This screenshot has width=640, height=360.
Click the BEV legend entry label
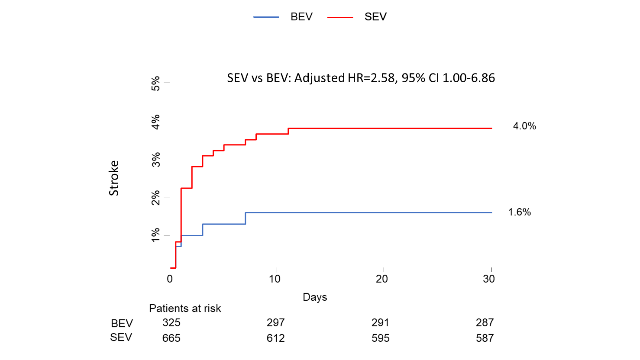(x=301, y=17)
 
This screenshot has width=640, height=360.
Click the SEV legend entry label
(x=375, y=17)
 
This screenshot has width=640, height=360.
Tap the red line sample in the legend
(x=340, y=17)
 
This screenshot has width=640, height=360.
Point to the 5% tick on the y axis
(x=156, y=83)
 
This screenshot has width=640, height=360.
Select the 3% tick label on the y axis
(x=156, y=159)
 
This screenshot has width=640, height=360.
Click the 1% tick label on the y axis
(x=156, y=235)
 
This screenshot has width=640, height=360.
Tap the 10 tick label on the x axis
(x=275, y=279)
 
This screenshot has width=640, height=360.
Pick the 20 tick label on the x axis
(x=381, y=279)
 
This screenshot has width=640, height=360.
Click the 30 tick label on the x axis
(x=488, y=279)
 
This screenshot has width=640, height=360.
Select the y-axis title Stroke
(x=114, y=178)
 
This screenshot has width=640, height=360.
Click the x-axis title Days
(x=315, y=297)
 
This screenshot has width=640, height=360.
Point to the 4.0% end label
(x=524, y=126)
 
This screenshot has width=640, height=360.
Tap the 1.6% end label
(x=519, y=212)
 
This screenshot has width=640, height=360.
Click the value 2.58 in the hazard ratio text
(x=382, y=78)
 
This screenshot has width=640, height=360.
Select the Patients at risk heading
(x=185, y=309)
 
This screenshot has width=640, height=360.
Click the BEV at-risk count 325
(x=171, y=323)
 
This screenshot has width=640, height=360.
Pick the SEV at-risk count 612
(x=276, y=338)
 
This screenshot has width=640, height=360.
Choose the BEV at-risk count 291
(x=380, y=323)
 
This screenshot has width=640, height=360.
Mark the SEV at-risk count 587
(x=485, y=338)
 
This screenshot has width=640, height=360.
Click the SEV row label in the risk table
(x=121, y=337)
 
